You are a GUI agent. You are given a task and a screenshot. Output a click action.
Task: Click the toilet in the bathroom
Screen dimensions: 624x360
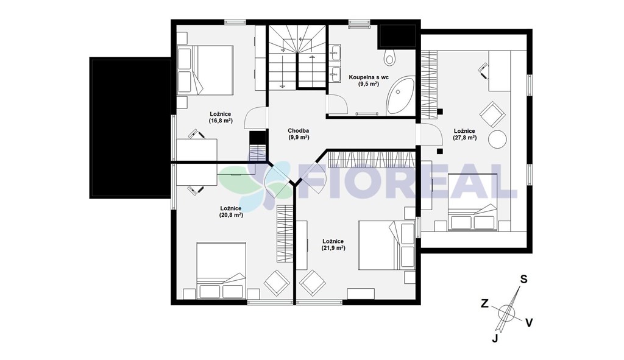coord(390,58)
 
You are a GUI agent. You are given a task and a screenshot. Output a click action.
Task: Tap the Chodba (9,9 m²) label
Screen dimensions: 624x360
coord(299,134)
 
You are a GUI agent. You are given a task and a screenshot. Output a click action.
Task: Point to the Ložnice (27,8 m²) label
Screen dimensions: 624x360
coord(464,135)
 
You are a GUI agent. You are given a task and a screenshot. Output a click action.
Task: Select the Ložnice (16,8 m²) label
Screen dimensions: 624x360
coord(221,118)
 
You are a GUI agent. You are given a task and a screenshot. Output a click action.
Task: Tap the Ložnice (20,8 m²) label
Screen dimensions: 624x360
coord(231,211)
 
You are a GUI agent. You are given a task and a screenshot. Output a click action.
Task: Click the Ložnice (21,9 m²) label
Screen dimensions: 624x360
coord(333,245)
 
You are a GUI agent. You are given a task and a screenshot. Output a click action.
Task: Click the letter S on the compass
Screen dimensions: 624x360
coord(524,280)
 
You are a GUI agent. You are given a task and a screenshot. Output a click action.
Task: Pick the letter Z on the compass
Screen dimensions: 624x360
coord(484,304)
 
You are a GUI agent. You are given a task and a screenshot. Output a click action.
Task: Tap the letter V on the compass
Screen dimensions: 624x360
coord(529,323)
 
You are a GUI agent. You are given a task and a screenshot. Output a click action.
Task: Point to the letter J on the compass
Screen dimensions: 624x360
coord(495,339)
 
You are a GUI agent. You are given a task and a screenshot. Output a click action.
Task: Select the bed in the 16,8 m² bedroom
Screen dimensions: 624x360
coord(205,70)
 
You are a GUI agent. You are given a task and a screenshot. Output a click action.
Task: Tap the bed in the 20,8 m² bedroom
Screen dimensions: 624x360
coord(221,270)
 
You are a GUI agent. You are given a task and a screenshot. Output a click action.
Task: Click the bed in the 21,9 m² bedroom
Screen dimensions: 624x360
coord(386,246)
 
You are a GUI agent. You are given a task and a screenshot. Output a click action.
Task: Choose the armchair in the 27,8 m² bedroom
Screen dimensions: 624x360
coord(492,114)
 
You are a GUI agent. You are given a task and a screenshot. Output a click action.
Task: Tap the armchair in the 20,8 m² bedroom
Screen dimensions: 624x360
coord(277,283)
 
